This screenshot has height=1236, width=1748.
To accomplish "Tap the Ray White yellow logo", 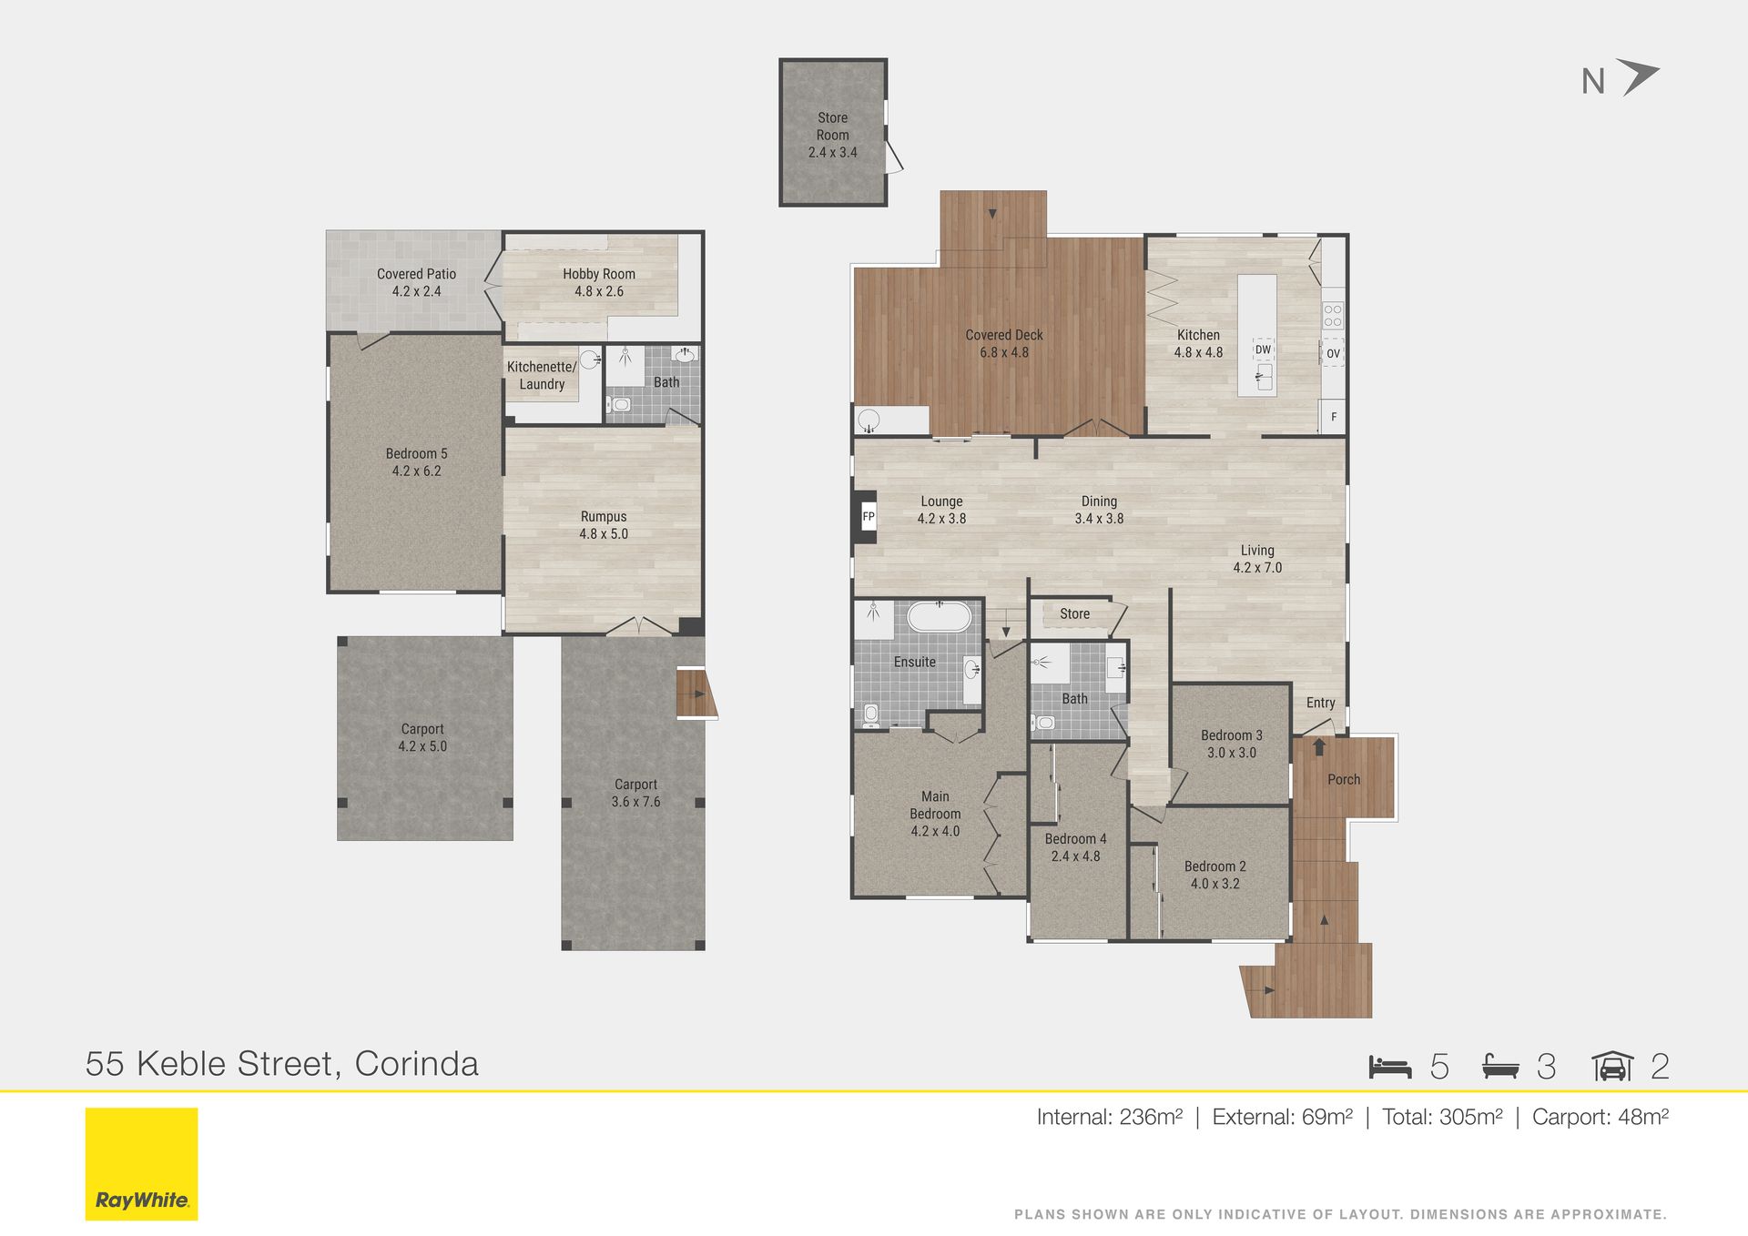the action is (141, 1163).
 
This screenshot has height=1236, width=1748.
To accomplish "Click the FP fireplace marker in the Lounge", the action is (869, 517).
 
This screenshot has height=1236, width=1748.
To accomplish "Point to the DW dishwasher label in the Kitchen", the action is (1263, 350).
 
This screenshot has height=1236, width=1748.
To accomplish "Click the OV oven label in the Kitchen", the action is (1333, 353).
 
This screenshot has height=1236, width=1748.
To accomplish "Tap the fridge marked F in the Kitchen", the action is (1334, 417).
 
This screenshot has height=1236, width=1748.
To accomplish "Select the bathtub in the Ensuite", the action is (939, 616).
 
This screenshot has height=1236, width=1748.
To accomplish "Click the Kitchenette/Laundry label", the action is (542, 375).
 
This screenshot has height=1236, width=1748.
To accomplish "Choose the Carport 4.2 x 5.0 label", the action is (422, 737).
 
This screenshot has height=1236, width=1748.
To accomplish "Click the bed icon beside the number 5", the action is (1390, 1067).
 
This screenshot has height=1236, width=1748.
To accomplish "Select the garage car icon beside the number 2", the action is (1612, 1066).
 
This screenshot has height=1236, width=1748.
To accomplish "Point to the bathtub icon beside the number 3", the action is (1500, 1067).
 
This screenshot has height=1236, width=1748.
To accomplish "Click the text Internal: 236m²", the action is (1109, 1117).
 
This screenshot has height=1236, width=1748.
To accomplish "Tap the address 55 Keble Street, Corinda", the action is (281, 1064).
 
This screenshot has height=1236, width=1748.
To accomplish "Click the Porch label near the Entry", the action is (1344, 779).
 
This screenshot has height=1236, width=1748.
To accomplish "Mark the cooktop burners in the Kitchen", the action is (1333, 316).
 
